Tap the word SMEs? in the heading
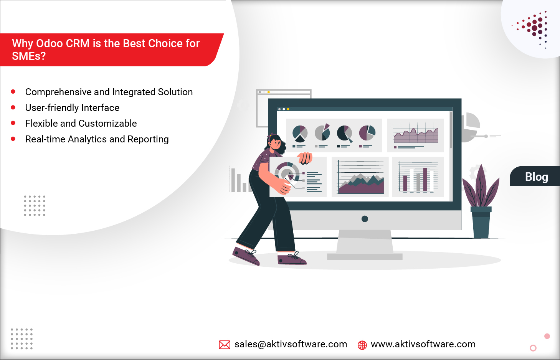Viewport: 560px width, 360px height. click(29, 56)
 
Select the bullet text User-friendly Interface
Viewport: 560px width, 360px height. click(72, 108)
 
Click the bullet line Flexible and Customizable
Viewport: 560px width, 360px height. click(81, 124)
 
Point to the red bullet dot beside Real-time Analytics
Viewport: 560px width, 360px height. click(13, 139)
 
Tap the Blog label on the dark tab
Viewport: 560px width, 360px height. click(536, 177)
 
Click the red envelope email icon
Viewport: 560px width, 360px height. click(224, 345)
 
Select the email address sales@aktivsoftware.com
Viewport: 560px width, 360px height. click(291, 344)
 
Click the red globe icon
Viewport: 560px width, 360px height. click(362, 345)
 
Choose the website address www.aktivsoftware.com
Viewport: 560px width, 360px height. click(423, 344)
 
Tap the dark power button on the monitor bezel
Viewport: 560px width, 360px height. click(365, 219)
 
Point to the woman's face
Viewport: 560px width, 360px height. click(276, 144)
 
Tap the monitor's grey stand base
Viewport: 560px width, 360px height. click(365, 256)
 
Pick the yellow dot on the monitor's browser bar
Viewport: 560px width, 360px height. click(288, 109)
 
